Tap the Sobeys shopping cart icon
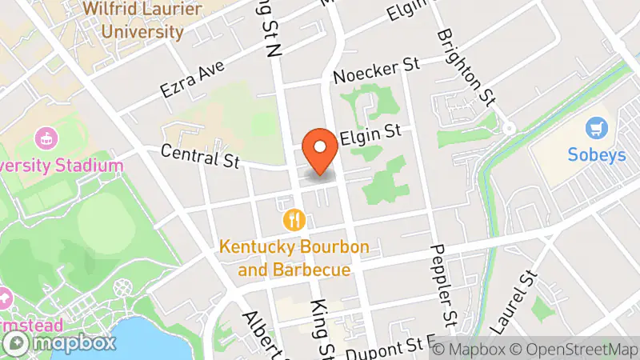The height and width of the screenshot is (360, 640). click(594, 127)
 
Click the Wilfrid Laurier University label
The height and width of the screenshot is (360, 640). click(133, 22)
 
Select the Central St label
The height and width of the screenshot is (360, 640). click(200, 154)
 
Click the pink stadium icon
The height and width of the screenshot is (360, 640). click(45, 137)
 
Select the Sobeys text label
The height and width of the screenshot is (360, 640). click(597, 155)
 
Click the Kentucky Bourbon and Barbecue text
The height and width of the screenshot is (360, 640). click(295, 258)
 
